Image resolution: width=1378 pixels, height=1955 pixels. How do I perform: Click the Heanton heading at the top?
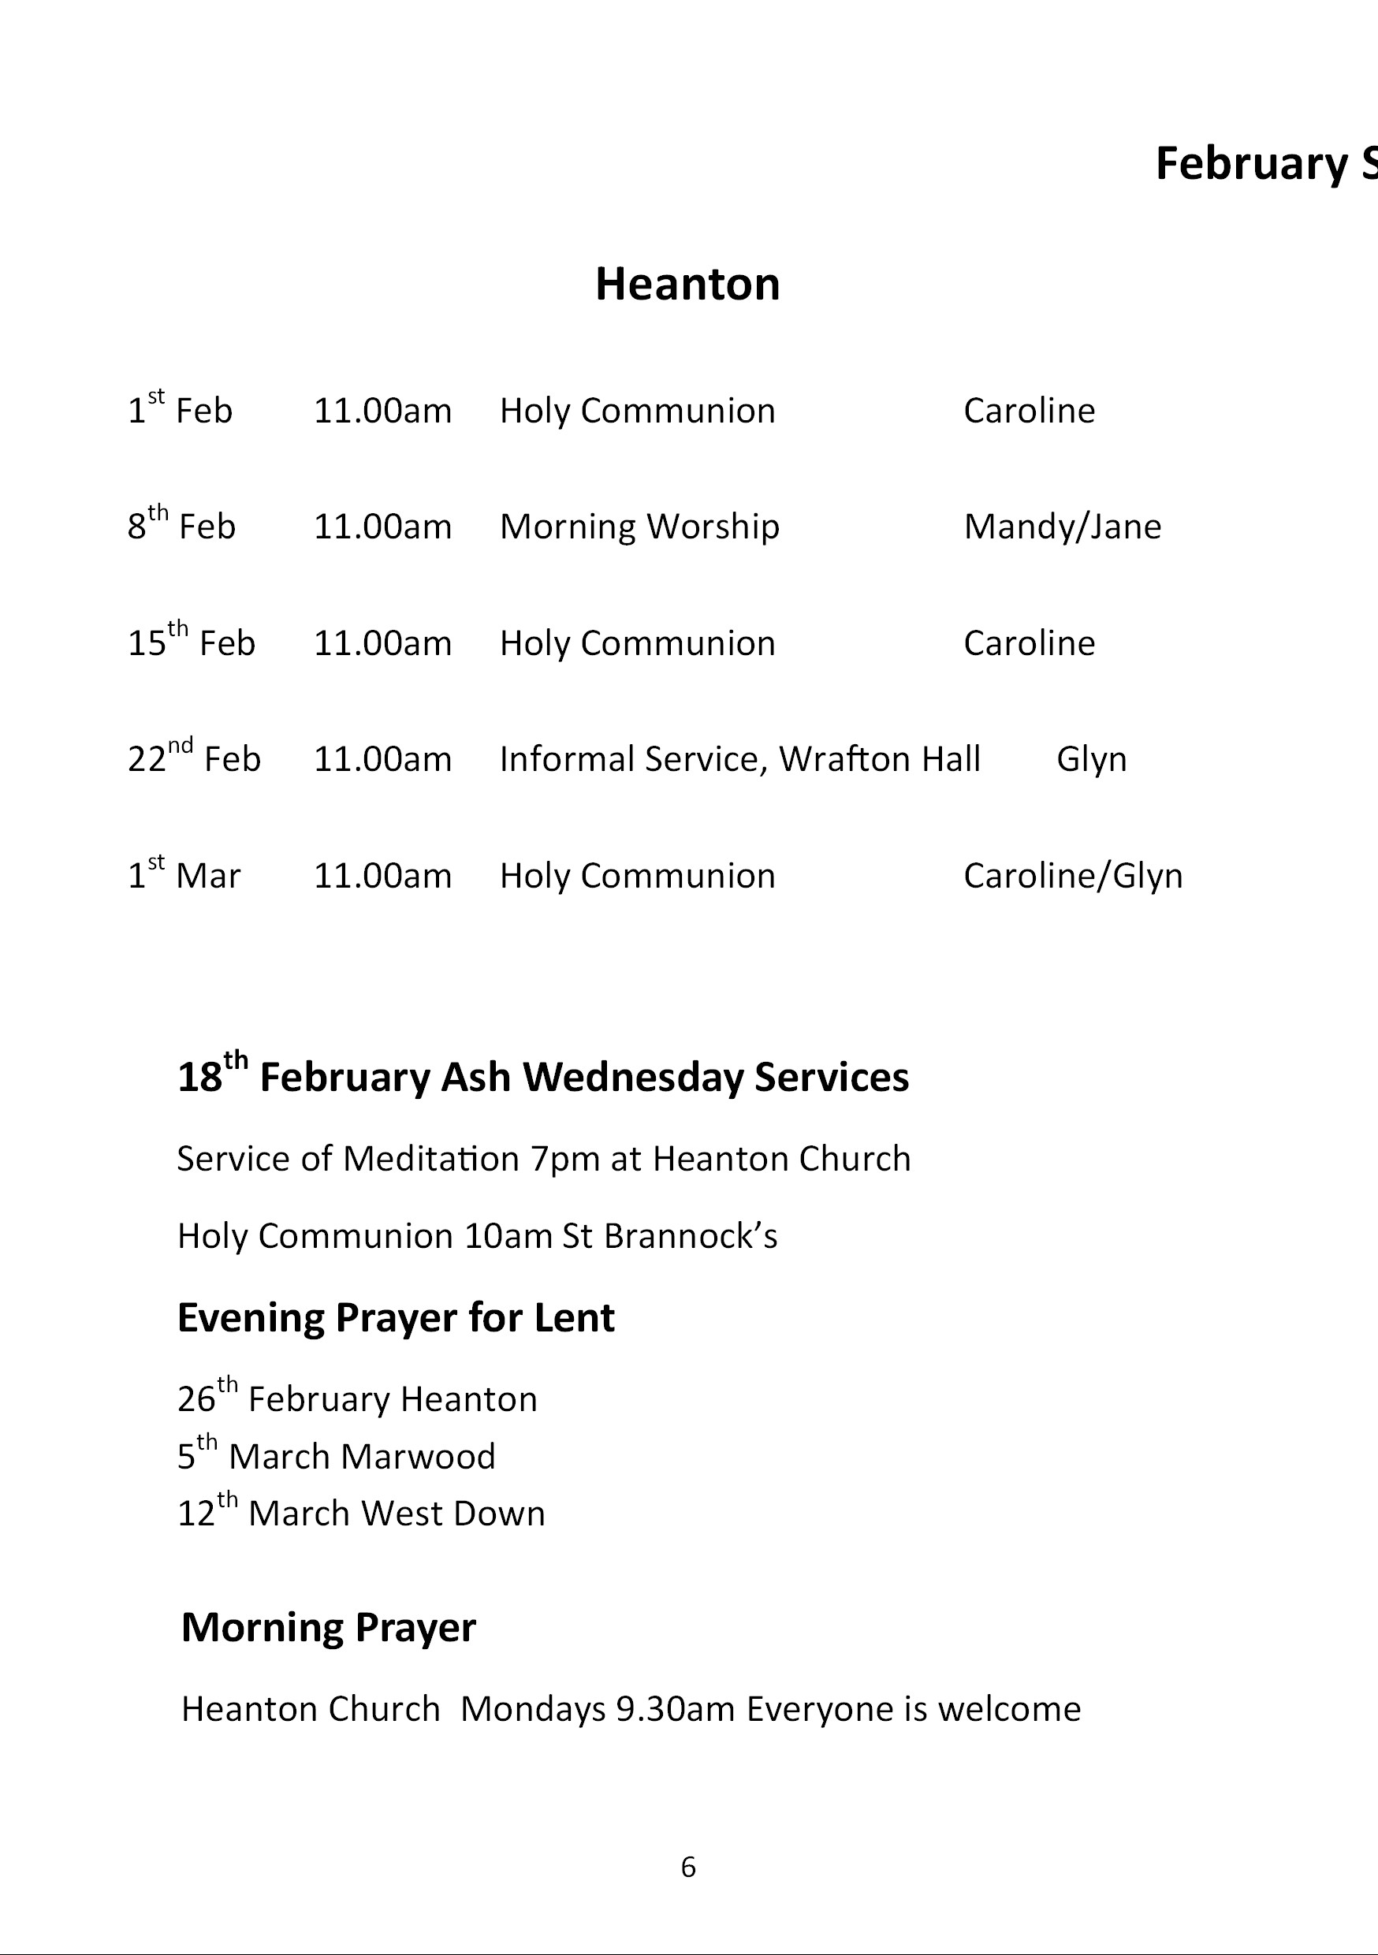click(687, 285)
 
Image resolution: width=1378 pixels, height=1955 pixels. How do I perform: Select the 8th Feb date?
click(181, 525)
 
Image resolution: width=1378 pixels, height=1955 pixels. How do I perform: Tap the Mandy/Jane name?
click(1062, 527)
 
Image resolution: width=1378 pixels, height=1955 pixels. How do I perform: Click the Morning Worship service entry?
click(639, 527)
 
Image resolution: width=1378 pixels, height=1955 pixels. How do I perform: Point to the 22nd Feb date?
click(194, 758)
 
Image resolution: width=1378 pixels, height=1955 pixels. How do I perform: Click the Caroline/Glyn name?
click(1073, 875)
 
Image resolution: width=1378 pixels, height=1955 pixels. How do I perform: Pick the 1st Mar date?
click(184, 874)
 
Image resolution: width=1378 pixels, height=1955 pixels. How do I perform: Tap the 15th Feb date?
click(192, 642)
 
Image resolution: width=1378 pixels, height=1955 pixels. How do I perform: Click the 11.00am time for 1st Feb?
click(382, 411)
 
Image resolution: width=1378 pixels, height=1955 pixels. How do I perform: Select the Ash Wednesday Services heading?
click(542, 1076)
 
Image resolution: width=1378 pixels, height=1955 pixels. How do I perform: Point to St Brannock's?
click(669, 1236)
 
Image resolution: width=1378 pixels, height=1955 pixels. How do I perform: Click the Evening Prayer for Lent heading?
click(395, 1318)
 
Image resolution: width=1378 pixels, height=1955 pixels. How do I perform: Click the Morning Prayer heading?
click(328, 1628)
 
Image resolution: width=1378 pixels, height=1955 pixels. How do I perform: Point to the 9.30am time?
click(675, 1710)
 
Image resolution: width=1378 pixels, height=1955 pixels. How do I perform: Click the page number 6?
click(688, 1867)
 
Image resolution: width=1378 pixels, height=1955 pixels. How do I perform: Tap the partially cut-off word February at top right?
click(1250, 163)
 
